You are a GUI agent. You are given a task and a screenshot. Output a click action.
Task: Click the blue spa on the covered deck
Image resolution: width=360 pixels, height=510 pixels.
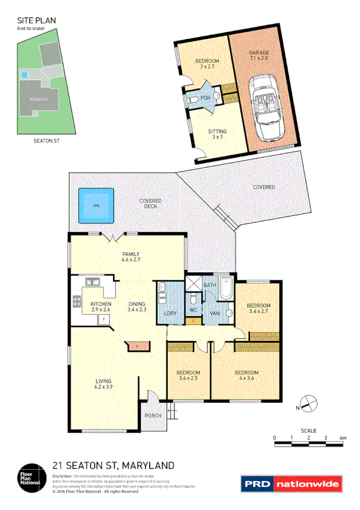pos(95,206)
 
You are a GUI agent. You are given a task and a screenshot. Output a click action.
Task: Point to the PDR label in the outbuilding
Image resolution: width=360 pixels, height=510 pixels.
pos(205,98)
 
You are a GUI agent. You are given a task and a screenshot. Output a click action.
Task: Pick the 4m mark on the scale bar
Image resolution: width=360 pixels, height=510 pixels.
pos(343,438)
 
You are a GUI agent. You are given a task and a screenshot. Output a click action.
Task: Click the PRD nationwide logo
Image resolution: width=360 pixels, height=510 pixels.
pos(291,484)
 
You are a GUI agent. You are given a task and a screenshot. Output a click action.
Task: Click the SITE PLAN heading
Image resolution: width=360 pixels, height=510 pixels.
pos(36,20)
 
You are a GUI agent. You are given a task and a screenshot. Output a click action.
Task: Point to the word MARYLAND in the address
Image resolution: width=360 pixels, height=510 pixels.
pos(148,465)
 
